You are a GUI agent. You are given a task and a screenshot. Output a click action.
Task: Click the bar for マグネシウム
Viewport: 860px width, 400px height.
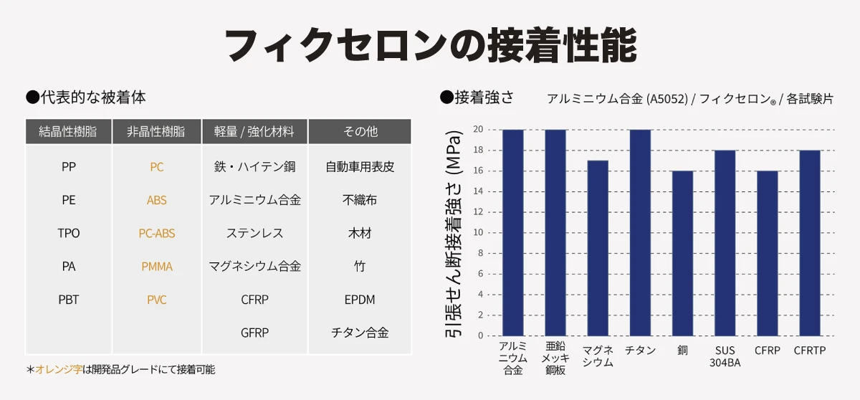click(598, 248)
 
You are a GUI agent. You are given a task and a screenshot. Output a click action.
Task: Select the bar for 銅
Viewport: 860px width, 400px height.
click(682, 253)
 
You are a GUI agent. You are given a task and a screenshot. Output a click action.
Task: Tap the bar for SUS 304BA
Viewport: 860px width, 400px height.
click(725, 243)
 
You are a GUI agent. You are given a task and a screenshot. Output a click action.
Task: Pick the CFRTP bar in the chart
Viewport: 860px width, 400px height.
click(810, 243)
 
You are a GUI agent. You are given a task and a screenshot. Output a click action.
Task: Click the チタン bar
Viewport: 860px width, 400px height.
click(641, 233)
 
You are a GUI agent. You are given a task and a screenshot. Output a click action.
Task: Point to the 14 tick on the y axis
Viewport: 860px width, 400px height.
click(478, 191)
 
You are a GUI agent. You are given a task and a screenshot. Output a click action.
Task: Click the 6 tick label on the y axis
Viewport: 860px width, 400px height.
click(480, 274)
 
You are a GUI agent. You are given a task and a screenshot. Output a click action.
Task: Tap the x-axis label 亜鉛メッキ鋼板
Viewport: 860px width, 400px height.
click(555, 358)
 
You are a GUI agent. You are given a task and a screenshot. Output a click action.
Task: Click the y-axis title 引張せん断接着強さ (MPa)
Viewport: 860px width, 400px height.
click(454, 234)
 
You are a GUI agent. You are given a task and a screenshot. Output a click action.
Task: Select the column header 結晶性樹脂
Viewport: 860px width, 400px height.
click(68, 132)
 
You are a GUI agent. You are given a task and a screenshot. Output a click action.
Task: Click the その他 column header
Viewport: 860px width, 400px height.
click(360, 132)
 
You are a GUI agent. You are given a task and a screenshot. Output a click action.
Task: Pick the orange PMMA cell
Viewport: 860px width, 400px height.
click(157, 267)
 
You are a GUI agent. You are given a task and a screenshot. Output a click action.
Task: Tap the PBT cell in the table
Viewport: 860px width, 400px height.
click(68, 300)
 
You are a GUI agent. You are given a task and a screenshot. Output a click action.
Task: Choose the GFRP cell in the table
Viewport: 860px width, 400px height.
click(254, 333)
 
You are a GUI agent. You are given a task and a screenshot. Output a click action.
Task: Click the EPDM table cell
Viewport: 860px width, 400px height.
click(360, 300)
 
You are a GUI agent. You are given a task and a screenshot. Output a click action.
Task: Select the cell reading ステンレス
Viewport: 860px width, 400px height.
click(254, 233)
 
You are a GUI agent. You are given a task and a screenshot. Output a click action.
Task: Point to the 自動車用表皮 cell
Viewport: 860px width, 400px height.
click(360, 166)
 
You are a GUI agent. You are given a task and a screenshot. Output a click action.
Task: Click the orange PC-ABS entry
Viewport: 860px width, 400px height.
click(157, 233)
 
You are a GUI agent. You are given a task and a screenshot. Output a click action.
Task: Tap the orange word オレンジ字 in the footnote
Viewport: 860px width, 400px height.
click(59, 369)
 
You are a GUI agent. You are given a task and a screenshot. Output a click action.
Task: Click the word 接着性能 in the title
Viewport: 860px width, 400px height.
click(561, 45)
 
